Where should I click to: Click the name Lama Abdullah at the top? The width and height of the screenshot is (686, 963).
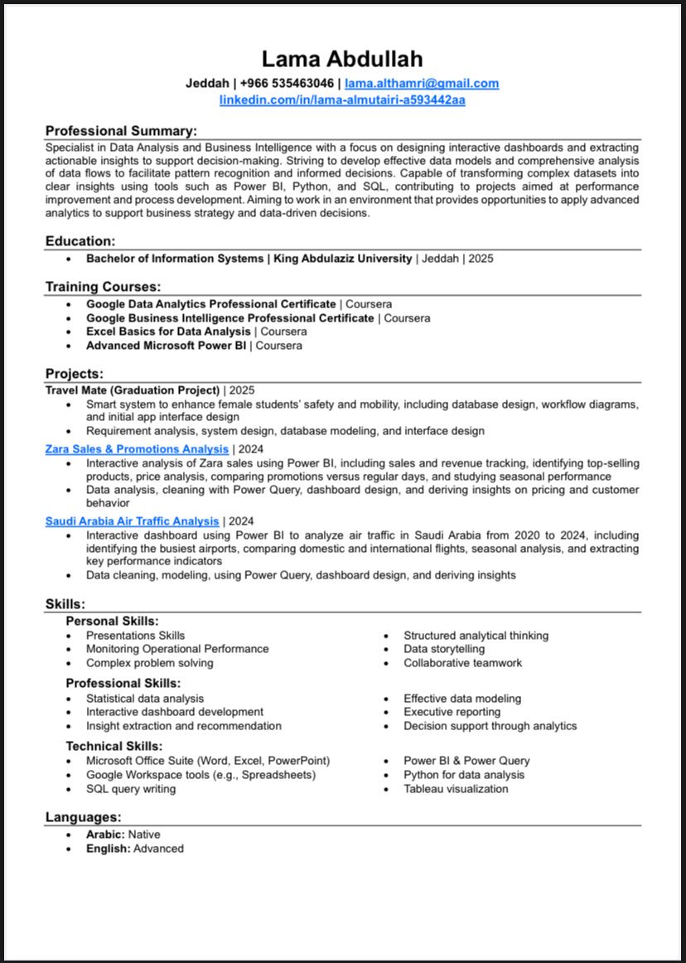342,59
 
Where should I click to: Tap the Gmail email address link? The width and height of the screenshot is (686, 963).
422,83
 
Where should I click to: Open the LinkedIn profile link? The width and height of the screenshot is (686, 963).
342,100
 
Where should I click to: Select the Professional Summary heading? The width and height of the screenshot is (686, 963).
121,131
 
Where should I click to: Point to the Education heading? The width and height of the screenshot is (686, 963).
80,241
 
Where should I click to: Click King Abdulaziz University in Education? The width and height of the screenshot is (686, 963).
342,259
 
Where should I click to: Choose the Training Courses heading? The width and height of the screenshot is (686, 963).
103,287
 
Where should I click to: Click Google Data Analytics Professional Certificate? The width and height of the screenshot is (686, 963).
211,304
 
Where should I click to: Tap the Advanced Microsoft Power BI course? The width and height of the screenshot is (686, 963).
166,346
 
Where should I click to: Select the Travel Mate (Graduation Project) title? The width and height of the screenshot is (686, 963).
133,390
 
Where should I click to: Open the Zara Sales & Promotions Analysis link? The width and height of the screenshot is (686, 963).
137,449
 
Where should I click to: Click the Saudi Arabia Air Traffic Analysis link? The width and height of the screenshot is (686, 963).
133,521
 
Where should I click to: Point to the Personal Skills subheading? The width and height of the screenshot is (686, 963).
112,621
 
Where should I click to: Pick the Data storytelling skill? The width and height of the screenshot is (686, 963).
444,649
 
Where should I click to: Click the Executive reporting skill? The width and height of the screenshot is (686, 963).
452,712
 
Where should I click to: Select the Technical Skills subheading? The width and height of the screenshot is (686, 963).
114,746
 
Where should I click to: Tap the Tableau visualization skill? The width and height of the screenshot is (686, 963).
456,789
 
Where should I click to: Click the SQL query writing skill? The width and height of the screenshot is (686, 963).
131,789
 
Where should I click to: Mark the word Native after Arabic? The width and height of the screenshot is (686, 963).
144,835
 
